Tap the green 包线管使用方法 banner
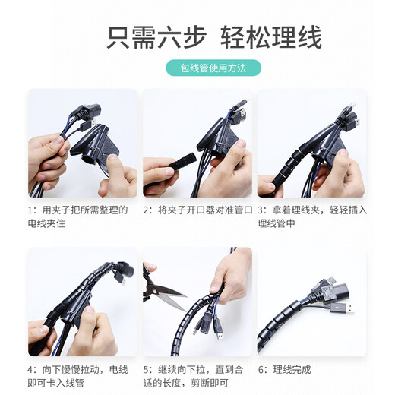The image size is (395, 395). point(213,68)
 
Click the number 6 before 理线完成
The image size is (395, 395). point(261,370)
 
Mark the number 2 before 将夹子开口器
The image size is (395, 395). point(146,210)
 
